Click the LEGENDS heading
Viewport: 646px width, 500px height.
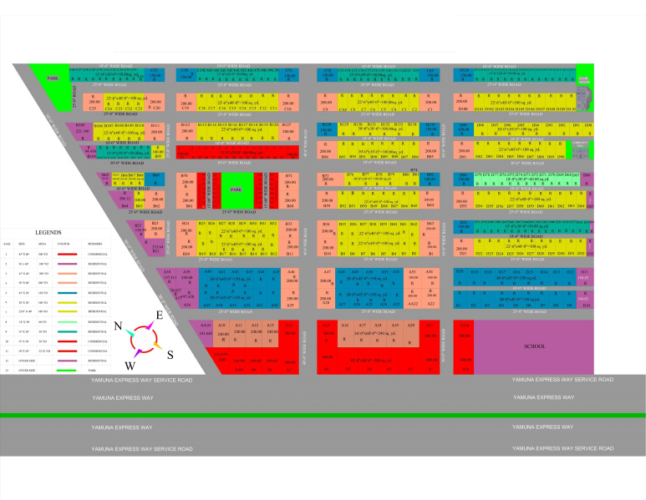tap(48, 233)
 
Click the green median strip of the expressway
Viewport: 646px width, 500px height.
tap(323, 415)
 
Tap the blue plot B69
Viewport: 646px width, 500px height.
tap(157, 179)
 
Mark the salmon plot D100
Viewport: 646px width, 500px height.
tap(462, 101)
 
